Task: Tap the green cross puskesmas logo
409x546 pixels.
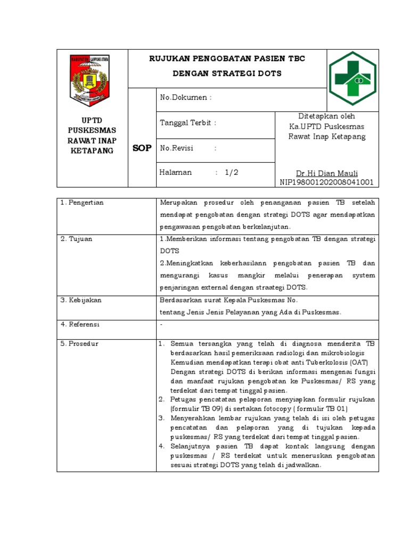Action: (352, 78)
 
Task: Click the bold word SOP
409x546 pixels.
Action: (142, 148)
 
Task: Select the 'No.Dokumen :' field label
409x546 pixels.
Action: (186, 98)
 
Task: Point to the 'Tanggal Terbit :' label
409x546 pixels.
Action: (188, 123)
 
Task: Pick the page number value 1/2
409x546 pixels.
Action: (232, 172)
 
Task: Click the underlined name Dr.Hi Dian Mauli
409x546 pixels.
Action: (327, 173)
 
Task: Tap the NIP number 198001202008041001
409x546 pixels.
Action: (326, 182)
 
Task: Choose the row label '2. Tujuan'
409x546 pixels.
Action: (76, 239)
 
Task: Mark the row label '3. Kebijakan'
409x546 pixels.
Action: (81, 300)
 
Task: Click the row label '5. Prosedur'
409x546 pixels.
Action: (79, 343)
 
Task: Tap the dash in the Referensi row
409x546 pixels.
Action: (161, 324)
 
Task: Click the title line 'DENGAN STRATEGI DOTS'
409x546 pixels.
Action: (227, 73)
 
